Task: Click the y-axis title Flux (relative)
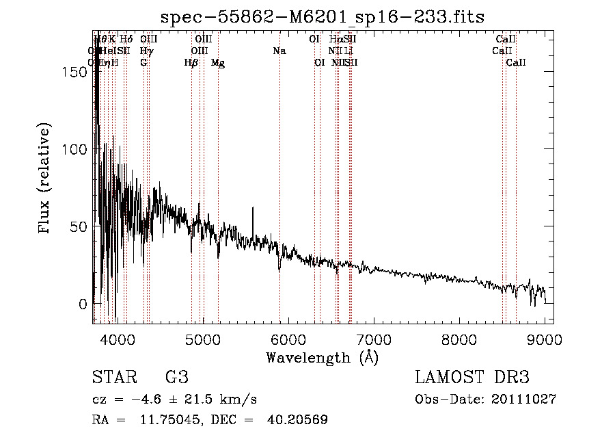[x=46, y=180]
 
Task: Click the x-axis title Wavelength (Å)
[x=322, y=357]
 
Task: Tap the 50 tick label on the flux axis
[x=80, y=226]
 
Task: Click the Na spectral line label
[x=279, y=51]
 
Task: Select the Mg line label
[x=218, y=63]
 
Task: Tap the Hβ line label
[x=191, y=63]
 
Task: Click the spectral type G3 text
[x=176, y=378]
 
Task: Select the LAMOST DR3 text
[x=472, y=378]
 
